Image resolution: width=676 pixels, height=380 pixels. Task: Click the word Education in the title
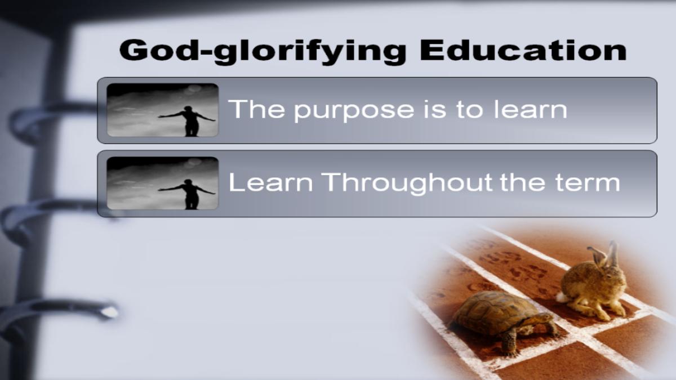[x=523, y=50]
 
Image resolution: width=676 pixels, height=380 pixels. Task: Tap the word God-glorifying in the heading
[x=263, y=52]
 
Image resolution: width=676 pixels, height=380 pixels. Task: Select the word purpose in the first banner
[x=354, y=111]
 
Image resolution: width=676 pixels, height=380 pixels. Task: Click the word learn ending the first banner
[x=531, y=109]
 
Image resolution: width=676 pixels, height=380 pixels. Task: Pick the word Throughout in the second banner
[x=407, y=184]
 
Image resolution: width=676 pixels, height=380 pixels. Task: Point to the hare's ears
[x=605, y=254]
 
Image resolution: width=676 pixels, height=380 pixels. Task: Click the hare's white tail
[x=563, y=297]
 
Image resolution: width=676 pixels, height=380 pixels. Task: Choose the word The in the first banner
[x=256, y=109]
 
